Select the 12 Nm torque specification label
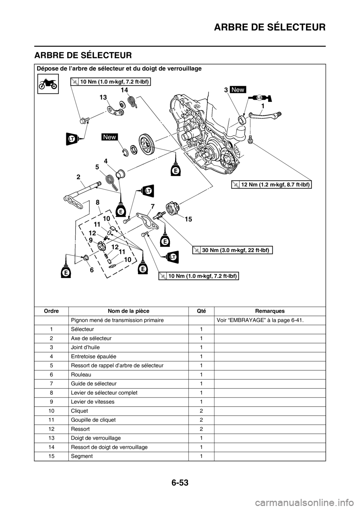[271, 184]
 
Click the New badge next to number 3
[238, 90]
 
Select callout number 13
[103, 97]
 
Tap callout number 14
[125, 90]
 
